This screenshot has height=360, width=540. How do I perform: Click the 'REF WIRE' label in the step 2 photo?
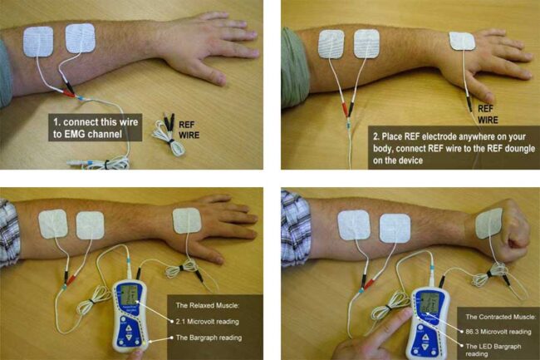[x=489, y=113]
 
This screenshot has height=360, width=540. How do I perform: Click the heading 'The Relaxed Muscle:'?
[x=207, y=306]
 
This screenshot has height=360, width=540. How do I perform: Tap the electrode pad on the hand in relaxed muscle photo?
[x=188, y=222]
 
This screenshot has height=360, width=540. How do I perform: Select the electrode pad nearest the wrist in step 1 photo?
[x=81, y=39]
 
